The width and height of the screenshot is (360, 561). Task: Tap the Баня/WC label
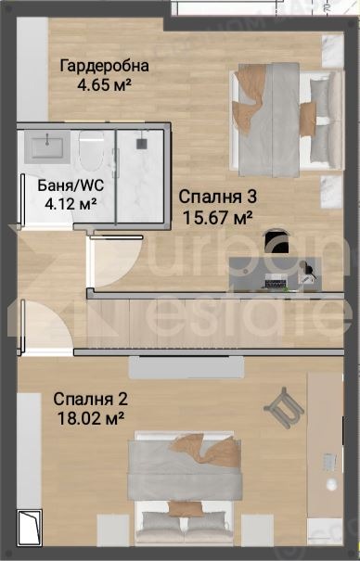pyautogui.click(x=69, y=185)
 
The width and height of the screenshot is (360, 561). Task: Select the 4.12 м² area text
pyautogui.click(x=69, y=202)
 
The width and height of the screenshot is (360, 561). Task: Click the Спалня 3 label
pyautogui.click(x=216, y=197)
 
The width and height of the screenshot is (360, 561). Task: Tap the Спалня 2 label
pyautogui.click(x=90, y=400)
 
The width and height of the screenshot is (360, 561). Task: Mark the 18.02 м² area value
pyautogui.click(x=90, y=418)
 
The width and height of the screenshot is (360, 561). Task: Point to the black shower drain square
pyautogui.click(x=141, y=145)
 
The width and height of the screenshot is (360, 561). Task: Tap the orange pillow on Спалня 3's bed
pyautogui.click(x=307, y=115)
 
